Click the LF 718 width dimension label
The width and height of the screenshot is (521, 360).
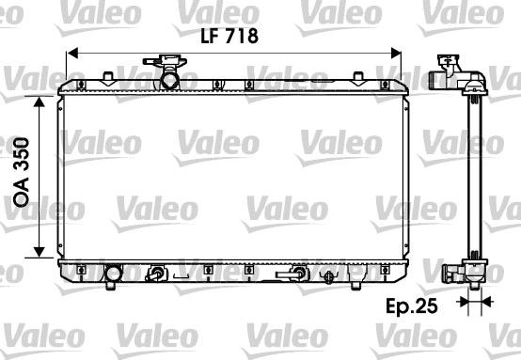coord(229,36)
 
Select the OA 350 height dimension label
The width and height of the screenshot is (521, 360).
coord(22,172)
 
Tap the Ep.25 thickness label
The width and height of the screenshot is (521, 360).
coord(412,305)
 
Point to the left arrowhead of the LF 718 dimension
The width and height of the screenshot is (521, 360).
coord(72,54)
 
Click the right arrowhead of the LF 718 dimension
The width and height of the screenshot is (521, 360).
coord(396,54)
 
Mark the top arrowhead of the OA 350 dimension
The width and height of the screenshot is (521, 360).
coord(39,102)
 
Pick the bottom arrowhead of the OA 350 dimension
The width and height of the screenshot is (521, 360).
coord(39,252)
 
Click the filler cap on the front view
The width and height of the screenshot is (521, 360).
coord(166,61)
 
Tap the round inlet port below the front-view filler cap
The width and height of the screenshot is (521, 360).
coord(170,80)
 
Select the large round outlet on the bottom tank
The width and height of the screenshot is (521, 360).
coord(113,274)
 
